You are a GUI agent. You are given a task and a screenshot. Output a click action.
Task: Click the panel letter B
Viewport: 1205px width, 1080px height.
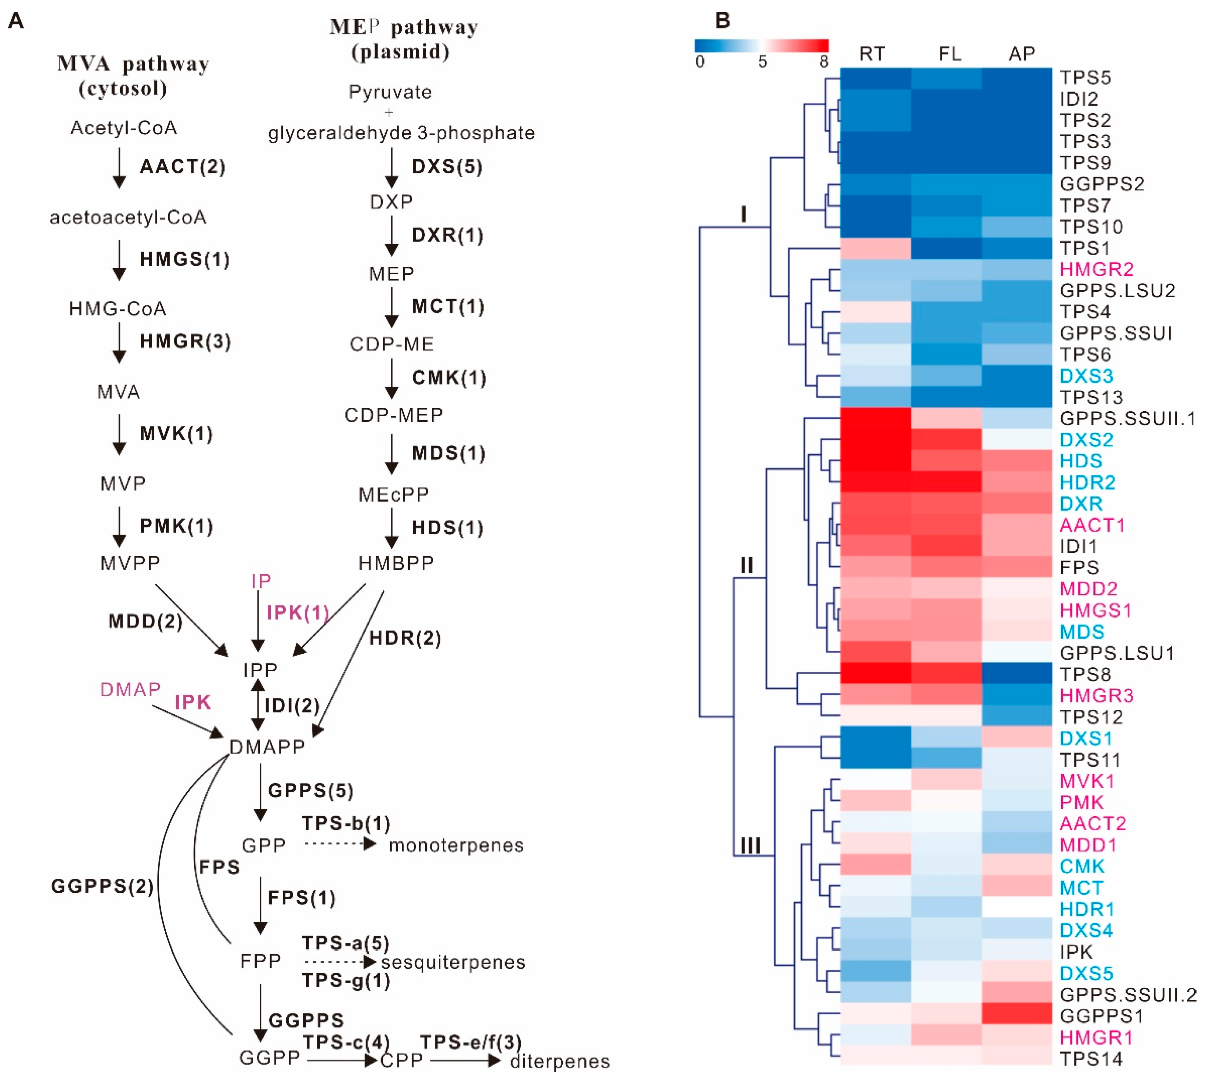[x=723, y=21]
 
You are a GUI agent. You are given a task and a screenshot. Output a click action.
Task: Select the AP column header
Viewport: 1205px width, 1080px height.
[x=1021, y=54]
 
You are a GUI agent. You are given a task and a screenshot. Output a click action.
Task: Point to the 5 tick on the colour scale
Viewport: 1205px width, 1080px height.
[x=762, y=62]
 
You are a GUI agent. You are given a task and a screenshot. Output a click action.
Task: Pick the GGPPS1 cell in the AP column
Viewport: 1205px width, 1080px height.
[x=1017, y=1015]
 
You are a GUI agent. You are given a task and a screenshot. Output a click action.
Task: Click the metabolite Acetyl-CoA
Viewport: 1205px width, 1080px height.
[x=123, y=127]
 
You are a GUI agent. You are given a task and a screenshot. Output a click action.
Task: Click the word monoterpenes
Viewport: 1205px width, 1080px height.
[x=456, y=845]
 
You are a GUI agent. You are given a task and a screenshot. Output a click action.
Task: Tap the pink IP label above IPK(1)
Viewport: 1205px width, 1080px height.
[x=261, y=581]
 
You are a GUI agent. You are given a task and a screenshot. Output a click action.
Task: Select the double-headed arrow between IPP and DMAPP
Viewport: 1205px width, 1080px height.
[x=257, y=705]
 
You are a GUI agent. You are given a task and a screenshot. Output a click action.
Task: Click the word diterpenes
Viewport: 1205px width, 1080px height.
[x=560, y=1061]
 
